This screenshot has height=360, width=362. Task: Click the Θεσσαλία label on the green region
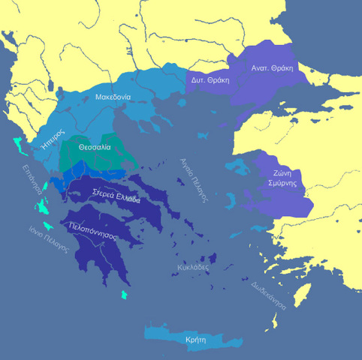[x=94, y=147]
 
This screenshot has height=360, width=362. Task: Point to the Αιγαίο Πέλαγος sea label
[x=192, y=181]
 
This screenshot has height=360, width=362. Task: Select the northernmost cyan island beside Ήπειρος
[x=19, y=142]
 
